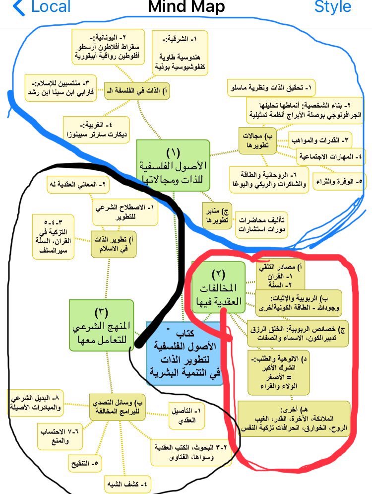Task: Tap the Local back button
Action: (42, 7)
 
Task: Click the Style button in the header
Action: (333, 7)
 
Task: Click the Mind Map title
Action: (186, 7)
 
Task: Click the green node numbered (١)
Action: (173, 164)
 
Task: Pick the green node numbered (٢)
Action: (218, 288)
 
